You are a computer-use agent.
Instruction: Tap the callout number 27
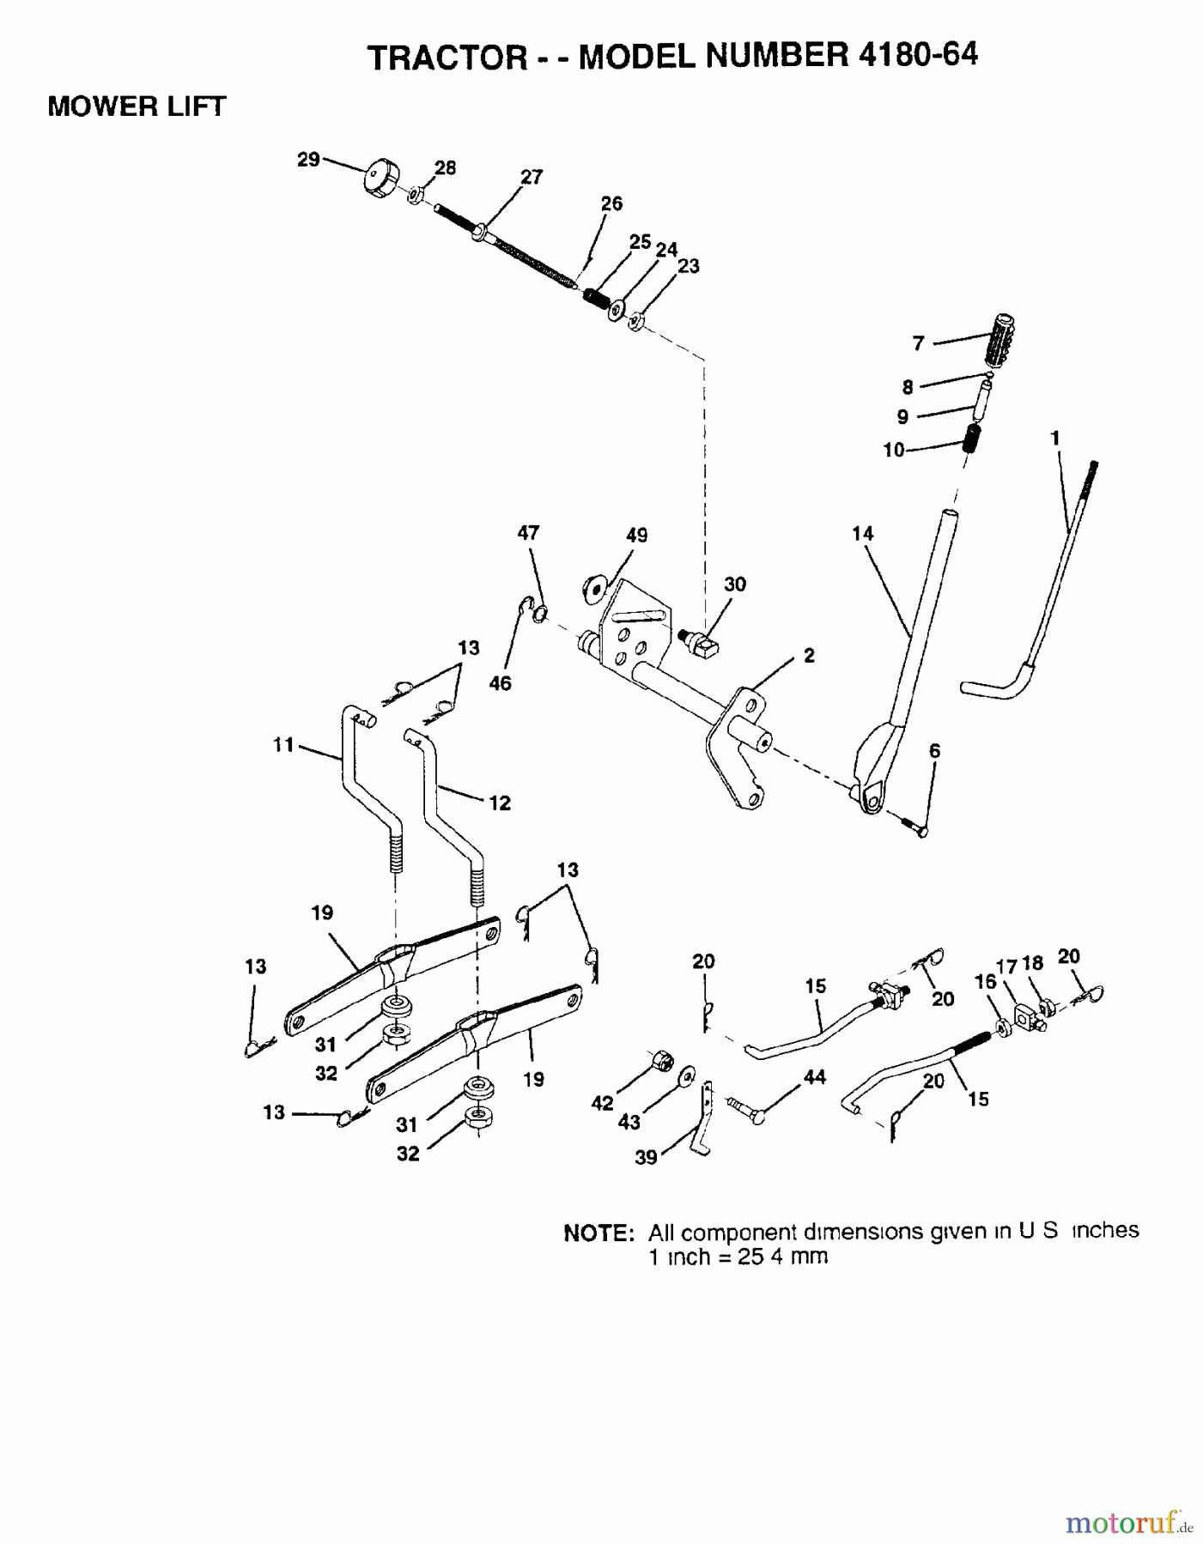click(532, 177)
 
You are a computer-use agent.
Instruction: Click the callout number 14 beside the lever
click(862, 533)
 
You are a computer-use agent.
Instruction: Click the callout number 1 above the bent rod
click(1054, 439)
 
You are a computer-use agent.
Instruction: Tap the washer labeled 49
click(593, 587)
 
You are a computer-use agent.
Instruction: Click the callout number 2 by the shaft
click(809, 655)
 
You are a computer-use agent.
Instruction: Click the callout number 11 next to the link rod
click(284, 745)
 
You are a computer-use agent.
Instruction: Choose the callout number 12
click(499, 803)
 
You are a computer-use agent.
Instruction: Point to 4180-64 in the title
click(916, 55)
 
